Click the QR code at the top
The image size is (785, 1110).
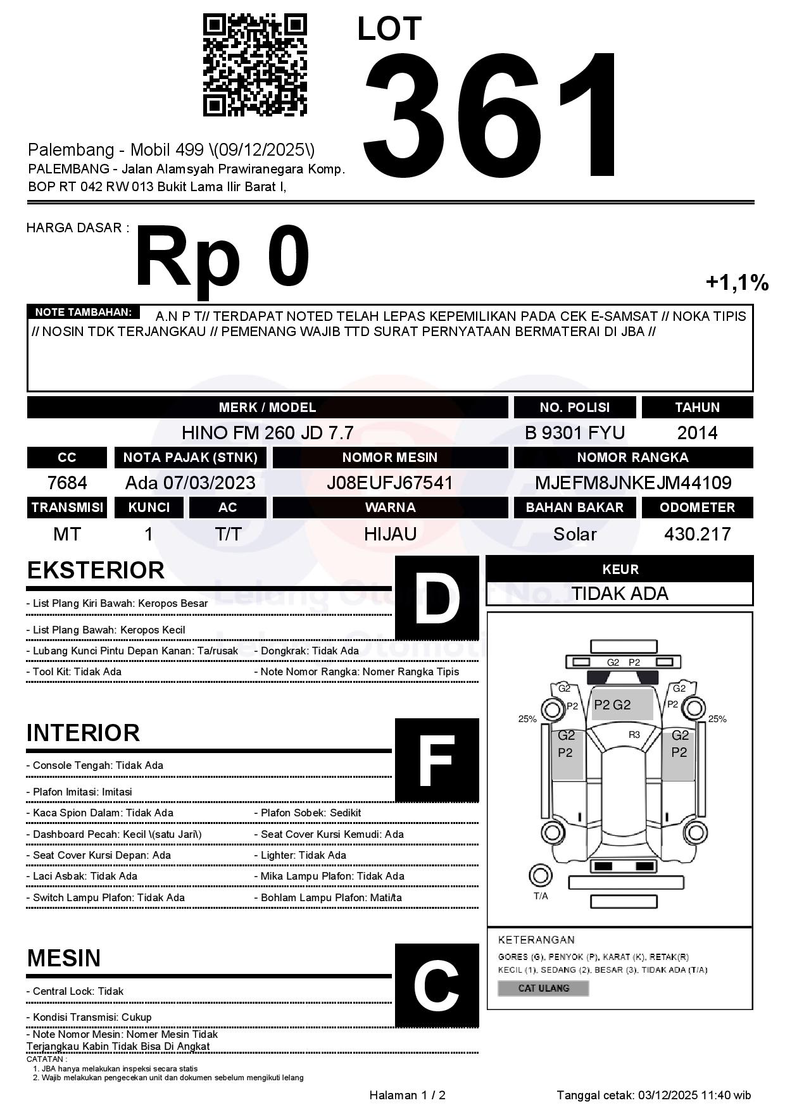click(x=254, y=65)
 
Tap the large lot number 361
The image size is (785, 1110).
click(x=491, y=114)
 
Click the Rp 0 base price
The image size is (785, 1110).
click(x=222, y=256)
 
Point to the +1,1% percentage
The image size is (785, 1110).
click(x=737, y=282)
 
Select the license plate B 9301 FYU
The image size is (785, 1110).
click(x=575, y=433)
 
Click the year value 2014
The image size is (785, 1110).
click(x=697, y=433)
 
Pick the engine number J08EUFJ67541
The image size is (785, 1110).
click(x=390, y=483)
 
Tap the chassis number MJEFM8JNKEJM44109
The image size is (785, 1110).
click(x=633, y=483)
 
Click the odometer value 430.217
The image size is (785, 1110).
click(x=697, y=534)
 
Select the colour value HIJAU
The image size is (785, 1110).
click(x=390, y=534)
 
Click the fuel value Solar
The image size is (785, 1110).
click(x=575, y=534)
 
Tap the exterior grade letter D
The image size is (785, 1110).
click(x=437, y=597)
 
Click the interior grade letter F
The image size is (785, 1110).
click(x=437, y=759)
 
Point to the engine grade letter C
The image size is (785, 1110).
click(x=437, y=985)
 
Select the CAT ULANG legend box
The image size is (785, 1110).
click(x=543, y=988)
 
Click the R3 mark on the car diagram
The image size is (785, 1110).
click(x=634, y=735)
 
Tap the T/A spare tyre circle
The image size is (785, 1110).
click(x=540, y=876)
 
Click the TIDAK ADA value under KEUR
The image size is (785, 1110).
click(x=620, y=594)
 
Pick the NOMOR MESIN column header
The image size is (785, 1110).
click(x=390, y=458)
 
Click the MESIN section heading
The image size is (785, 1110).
click(x=64, y=958)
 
